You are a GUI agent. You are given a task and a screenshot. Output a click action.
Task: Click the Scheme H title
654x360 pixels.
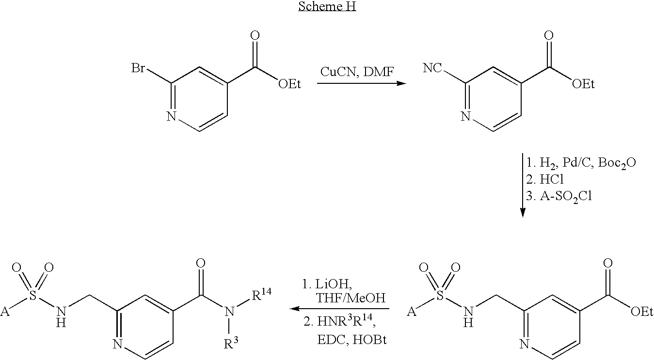click(x=327, y=7)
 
